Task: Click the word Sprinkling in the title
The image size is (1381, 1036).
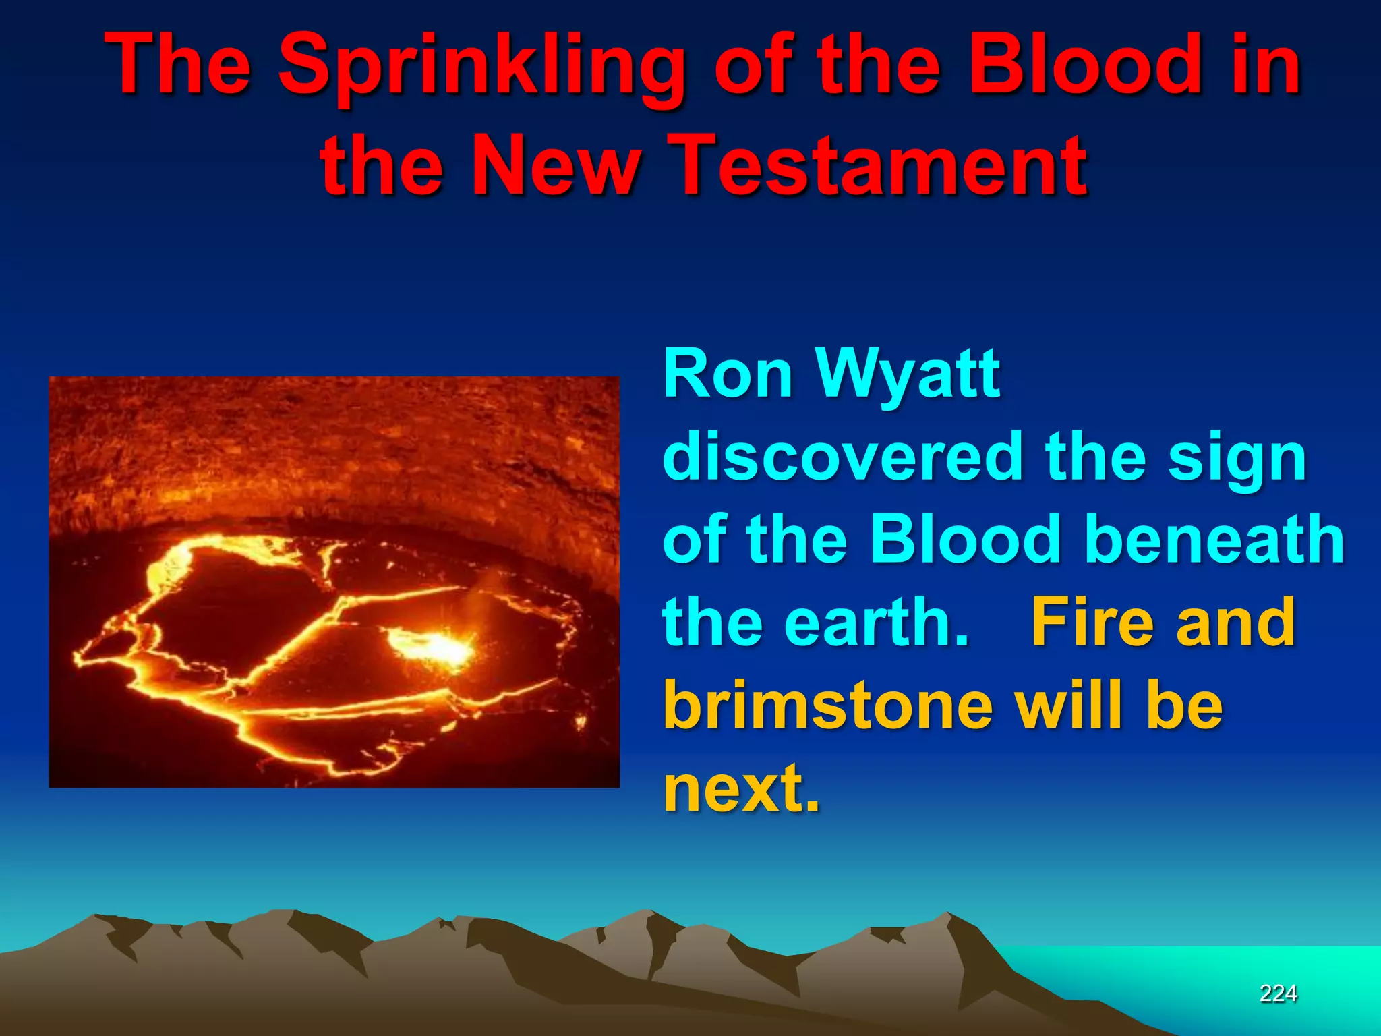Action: click(482, 66)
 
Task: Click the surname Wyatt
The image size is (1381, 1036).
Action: click(908, 376)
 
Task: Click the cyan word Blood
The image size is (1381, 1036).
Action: click(966, 540)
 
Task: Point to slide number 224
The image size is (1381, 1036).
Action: click(1278, 993)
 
